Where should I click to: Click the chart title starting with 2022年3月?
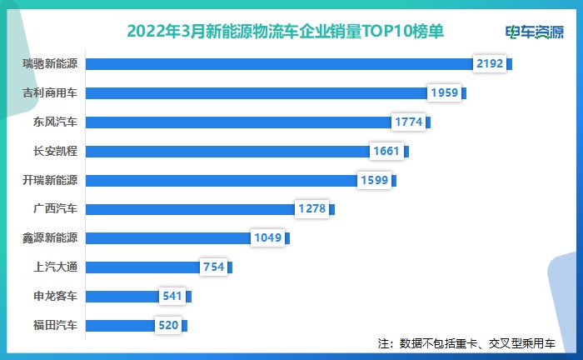[285, 31]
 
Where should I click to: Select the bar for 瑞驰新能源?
[279, 64]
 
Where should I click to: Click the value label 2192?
[489, 64]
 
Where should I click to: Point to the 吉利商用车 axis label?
[51, 93]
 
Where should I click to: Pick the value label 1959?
[444, 93]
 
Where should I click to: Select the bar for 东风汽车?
[238, 122]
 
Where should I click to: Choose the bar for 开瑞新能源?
[222, 180]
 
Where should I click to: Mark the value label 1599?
[374, 180]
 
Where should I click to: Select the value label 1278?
[312, 209]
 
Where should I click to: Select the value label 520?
[168, 326]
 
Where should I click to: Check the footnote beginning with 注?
[471, 343]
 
